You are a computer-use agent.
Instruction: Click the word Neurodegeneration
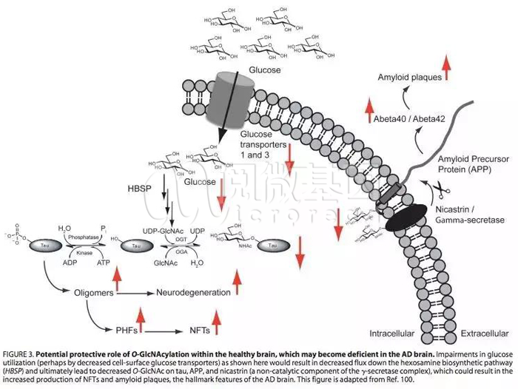click(x=193, y=292)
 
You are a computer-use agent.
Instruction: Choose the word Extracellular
click(x=485, y=333)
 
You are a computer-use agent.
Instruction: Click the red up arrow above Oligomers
click(x=116, y=279)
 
